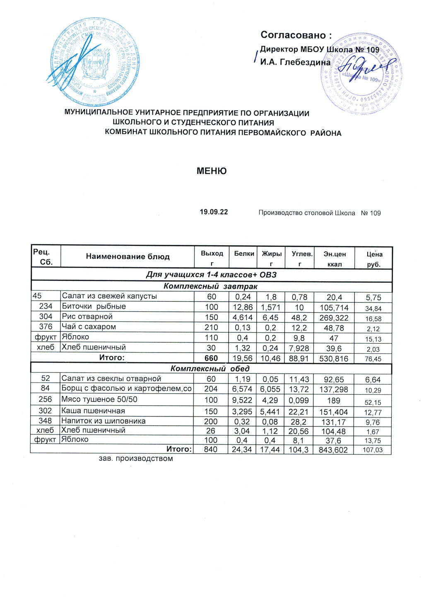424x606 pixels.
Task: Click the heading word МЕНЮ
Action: (212, 171)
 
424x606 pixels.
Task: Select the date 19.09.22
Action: (214, 212)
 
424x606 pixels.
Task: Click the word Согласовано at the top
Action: (296, 35)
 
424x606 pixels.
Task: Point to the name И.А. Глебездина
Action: (295, 62)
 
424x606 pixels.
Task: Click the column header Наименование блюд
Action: (128, 256)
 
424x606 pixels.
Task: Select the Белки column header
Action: (244, 253)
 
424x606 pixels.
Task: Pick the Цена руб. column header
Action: (374, 259)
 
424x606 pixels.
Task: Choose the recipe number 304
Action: (46, 316)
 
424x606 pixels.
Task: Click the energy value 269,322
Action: (334, 318)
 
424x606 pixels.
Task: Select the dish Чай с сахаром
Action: (89, 327)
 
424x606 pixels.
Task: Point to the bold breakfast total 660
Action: (211, 358)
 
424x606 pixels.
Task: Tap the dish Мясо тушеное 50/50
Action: (99, 399)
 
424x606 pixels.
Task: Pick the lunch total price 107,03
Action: (372, 450)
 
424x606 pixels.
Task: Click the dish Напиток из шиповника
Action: (104, 421)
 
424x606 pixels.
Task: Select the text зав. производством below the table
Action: (136, 458)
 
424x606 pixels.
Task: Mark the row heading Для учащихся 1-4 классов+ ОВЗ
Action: (211, 275)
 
